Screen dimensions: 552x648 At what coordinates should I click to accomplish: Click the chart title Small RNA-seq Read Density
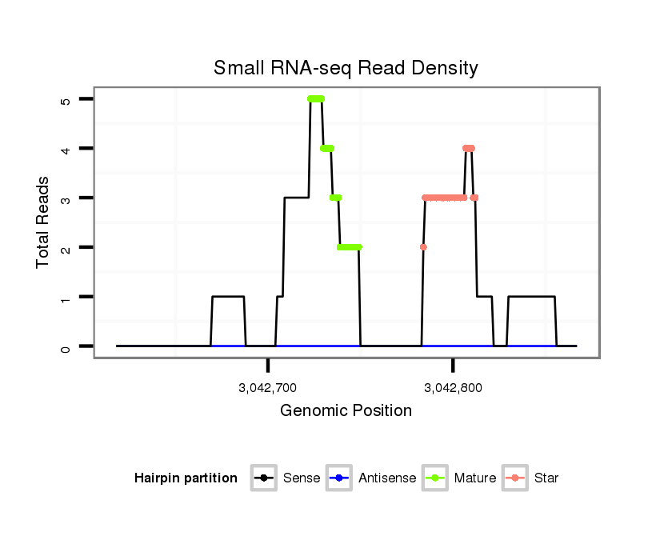pyautogui.click(x=346, y=68)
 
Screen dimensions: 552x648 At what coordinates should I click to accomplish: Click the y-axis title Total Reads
pyautogui.click(x=44, y=222)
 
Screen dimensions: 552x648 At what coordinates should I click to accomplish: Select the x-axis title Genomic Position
pyautogui.click(x=346, y=411)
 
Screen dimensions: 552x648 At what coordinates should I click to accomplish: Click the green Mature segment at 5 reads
pyautogui.click(x=316, y=98)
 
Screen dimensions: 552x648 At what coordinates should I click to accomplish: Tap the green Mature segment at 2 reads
pyautogui.click(x=349, y=247)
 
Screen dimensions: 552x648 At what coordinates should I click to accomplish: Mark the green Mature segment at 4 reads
pyautogui.click(x=327, y=148)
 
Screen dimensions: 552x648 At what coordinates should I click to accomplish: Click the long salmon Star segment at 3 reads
pyautogui.click(x=444, y=198)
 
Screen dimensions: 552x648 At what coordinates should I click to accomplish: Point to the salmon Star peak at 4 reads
pyautogui.click(x=469, y=148)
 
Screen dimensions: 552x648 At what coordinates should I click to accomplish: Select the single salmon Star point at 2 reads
pyautogui.click(x=423, y=247)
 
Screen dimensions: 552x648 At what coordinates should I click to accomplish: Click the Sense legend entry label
pyautogui.click(x=302, y=478)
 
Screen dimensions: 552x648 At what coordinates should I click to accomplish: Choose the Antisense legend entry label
pyautogui.click(x=387, y=478)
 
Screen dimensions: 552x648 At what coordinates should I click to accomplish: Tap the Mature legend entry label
pyautogui.click(x=475, y=478)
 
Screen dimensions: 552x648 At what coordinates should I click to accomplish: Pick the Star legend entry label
pyautogui.click(x=546, y=478)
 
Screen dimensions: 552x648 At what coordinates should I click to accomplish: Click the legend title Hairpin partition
pyautogui.click(x=186, y=478)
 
